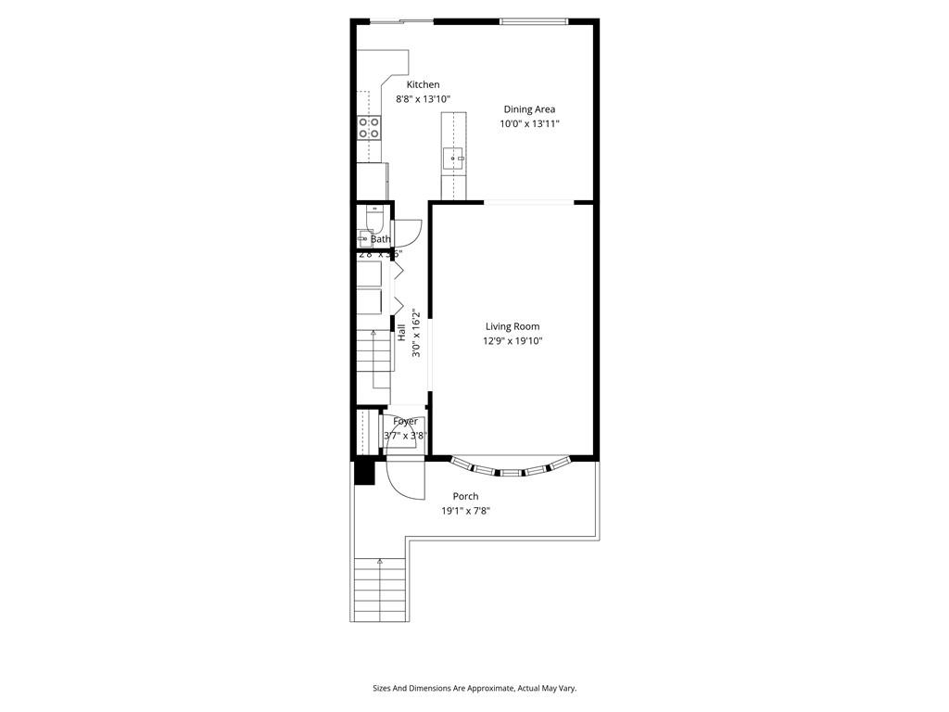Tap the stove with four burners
point(369,127)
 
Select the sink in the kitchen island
point(454,159)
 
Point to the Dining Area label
point(529,109)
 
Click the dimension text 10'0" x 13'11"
point(529,123)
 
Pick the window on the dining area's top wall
point(532,21)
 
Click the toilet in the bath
point(373,219)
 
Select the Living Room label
point(512,326)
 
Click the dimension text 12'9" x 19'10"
point(512,341)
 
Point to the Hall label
point(401,332)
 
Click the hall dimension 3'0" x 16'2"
point(416,333)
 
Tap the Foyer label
point(405,422)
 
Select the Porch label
point(465,497)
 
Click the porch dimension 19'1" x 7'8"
point(465,510)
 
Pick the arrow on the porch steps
point(380,562)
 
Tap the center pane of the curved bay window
point(511,473)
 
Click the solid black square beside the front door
point(363,472)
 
